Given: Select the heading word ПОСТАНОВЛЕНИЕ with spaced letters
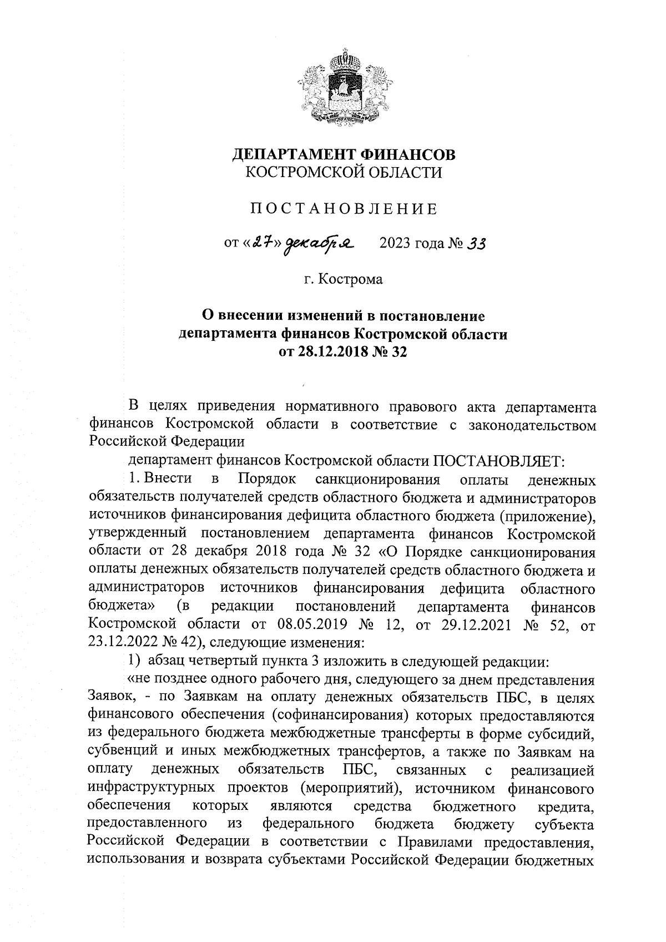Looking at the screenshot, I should pyautogui.click(x=342, y=209).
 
